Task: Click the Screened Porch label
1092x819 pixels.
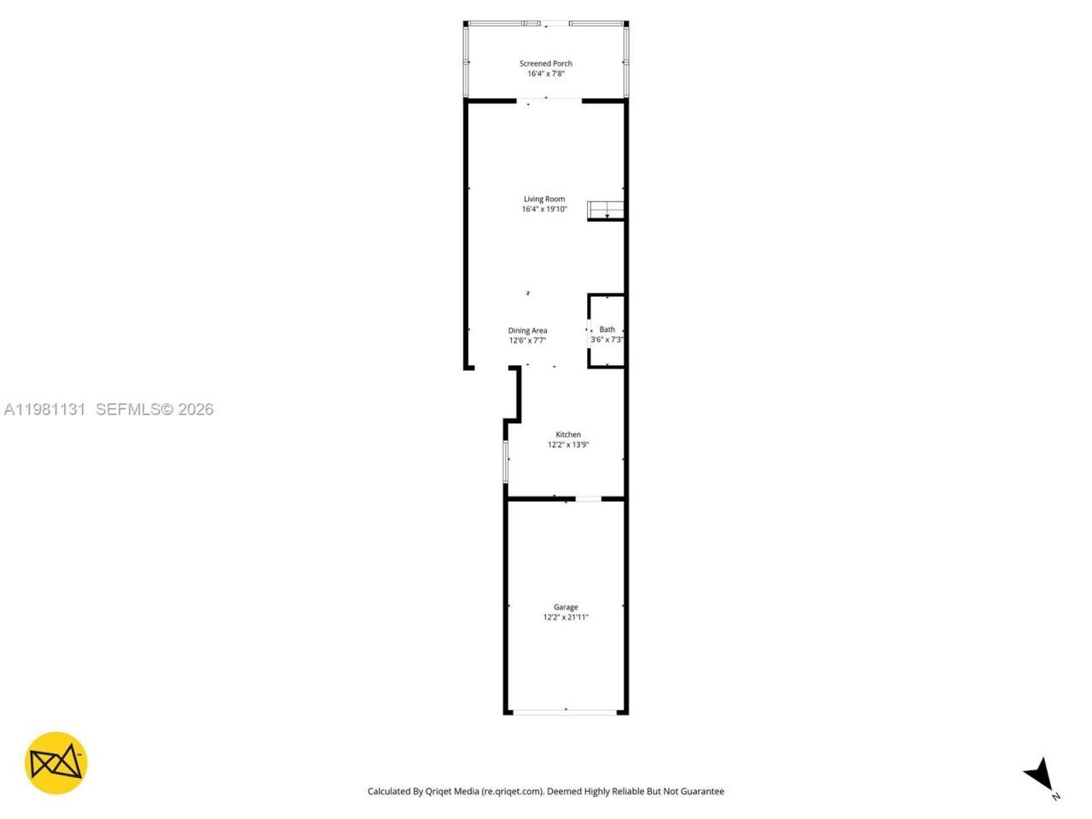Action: click(546, 63)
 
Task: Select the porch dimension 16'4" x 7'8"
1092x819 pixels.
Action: click(546, 73)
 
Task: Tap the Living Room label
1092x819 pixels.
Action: click(544, 199)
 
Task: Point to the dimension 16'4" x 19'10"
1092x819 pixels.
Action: click(544, 209)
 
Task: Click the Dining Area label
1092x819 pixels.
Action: click(527, 330)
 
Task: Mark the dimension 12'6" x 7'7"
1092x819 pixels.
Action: click(527, 340)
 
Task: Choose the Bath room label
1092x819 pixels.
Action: click(607, 329)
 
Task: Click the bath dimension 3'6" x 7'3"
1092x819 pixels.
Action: click(607, 340)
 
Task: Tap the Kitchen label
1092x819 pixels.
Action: click(568, 434)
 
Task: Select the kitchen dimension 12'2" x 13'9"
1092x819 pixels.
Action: click(568, 444)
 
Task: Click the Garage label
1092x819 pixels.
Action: click(566, 607)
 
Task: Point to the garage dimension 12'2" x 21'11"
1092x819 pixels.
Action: click(566, 617)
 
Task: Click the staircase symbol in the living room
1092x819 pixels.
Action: click(606, 210)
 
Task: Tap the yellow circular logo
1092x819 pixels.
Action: click(55, 763)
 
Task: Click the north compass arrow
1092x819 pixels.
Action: click(1040, 775)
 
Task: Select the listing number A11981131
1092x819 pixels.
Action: click(44, 409)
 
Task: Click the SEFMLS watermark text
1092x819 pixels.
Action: click(154, 409)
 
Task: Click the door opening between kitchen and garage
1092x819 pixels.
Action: click(589, 498)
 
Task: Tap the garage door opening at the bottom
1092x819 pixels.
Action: click(566, 712)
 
